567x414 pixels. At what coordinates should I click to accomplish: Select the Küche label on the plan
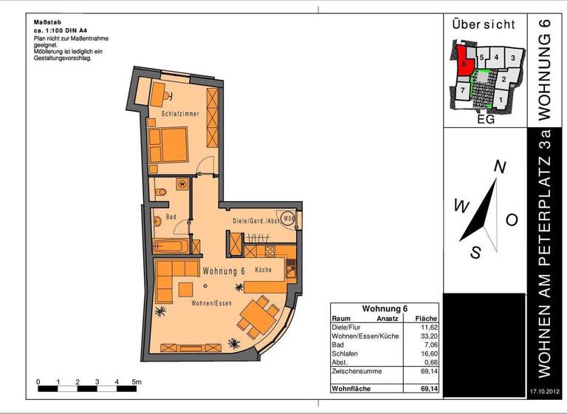point(263,271)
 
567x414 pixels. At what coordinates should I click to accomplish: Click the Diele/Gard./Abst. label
point(255,221)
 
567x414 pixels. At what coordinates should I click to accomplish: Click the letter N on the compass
point(499,168)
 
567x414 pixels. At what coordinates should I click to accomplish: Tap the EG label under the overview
point(485,119)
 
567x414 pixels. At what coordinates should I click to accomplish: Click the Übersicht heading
point(484,24)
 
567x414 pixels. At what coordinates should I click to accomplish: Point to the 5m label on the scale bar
point(137,381)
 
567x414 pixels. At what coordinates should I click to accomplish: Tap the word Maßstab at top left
point(47,21)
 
